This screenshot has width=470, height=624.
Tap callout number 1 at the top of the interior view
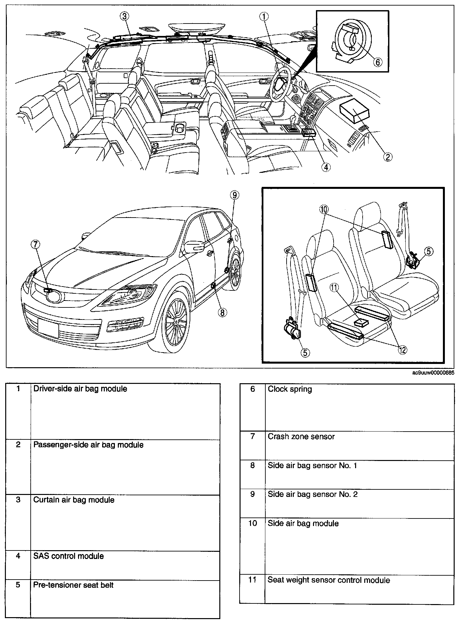[264, 16]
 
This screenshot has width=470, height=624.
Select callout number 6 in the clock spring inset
[377, 62]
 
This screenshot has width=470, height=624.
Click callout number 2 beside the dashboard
[387, 157]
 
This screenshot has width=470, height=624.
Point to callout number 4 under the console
[325, 167]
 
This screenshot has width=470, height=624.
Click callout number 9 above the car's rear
[234, 195]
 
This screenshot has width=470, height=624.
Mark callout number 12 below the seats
[402, 350]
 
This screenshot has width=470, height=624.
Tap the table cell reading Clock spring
[290, 389]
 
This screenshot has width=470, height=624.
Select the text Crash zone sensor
[301, 436]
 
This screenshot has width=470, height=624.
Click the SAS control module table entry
[69, 556]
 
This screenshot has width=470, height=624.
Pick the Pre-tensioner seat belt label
[73, 585]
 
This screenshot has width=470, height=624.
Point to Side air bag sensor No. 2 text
[312, 494]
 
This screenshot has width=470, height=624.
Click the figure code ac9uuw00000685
[432, 372]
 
